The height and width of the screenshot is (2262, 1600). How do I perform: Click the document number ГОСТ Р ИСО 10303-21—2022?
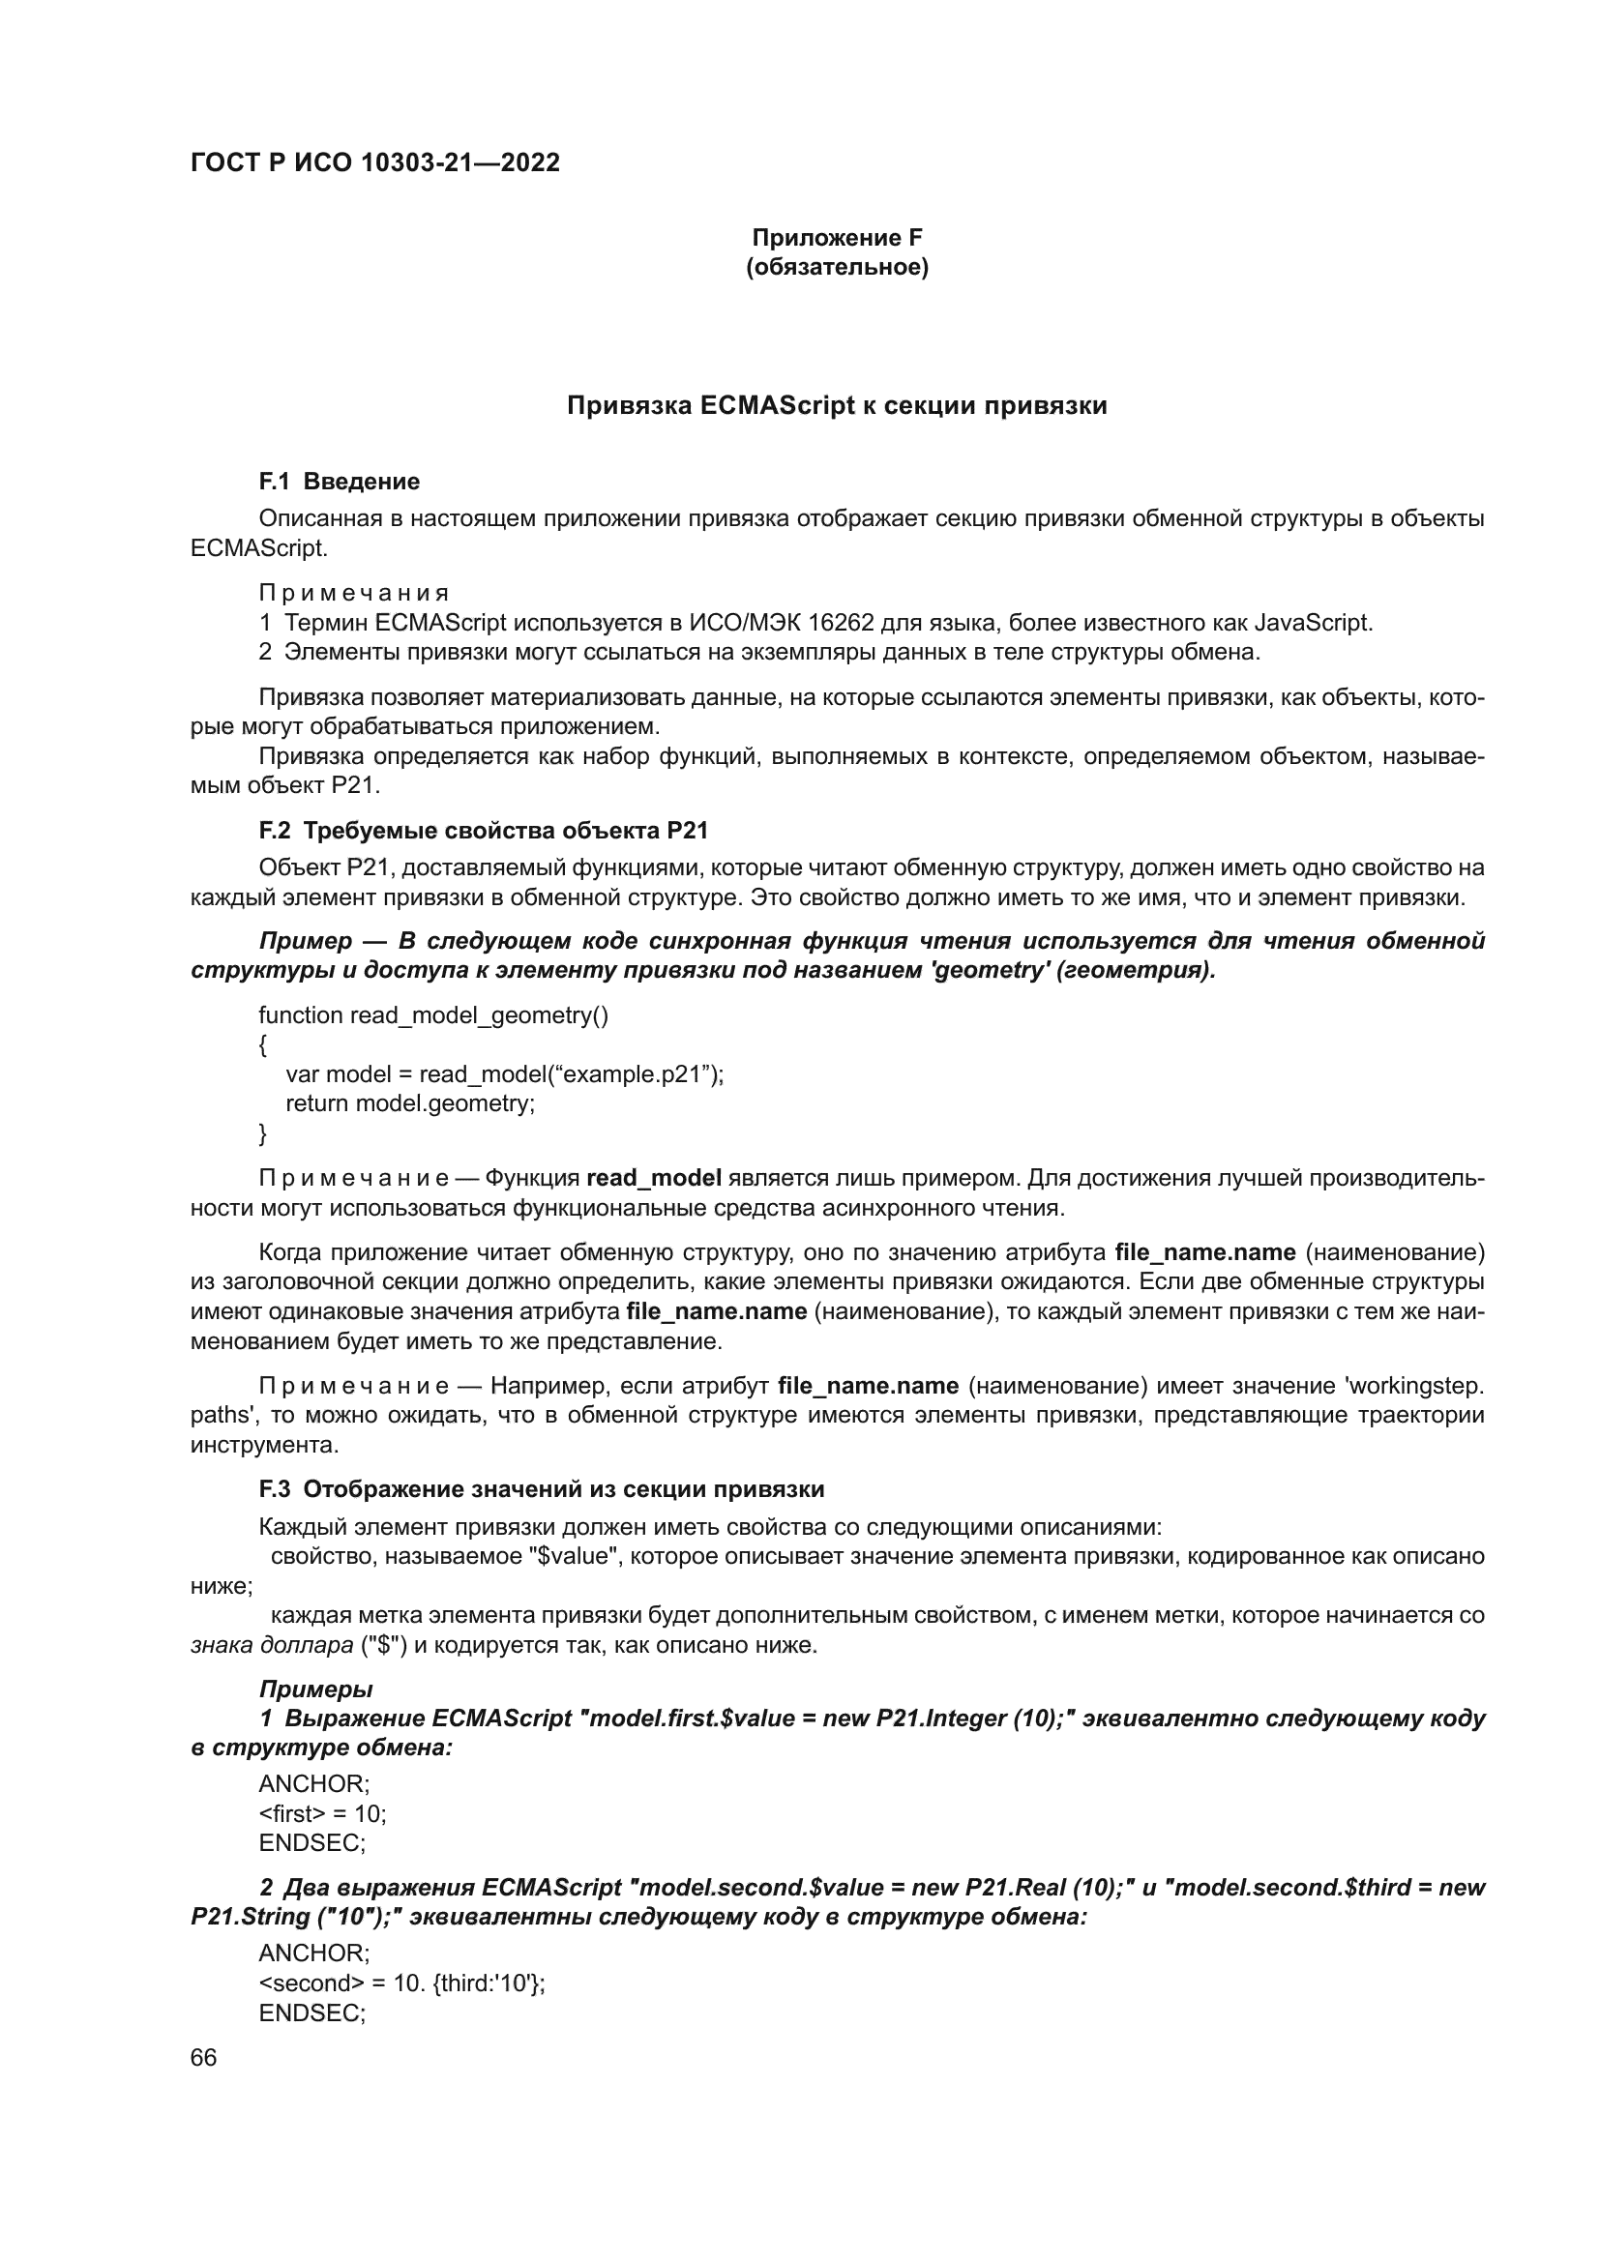pos(375,162)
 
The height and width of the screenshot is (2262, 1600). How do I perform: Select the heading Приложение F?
pos(837,238)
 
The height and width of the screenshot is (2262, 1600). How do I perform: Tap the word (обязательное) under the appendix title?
pos(837,267)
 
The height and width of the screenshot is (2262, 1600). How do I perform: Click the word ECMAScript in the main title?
pos(778,406)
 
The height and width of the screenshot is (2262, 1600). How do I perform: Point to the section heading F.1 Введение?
pos(339,482)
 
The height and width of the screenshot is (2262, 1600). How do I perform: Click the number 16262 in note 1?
pos(841,623)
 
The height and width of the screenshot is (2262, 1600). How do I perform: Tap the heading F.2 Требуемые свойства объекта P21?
pos(484,831)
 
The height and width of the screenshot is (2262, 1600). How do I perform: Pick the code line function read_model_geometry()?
pos(433,1014)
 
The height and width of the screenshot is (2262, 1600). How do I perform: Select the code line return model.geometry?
pos(410,1103)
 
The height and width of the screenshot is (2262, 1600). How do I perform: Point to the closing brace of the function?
pos(263,1134)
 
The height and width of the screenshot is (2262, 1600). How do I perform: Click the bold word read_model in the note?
pos(654,1178)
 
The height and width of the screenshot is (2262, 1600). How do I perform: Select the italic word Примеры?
pos(315,1689)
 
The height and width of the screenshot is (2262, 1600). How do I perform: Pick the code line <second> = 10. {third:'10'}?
pos(402,1983)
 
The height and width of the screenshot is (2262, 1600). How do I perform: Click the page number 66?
pos(204,2057)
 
